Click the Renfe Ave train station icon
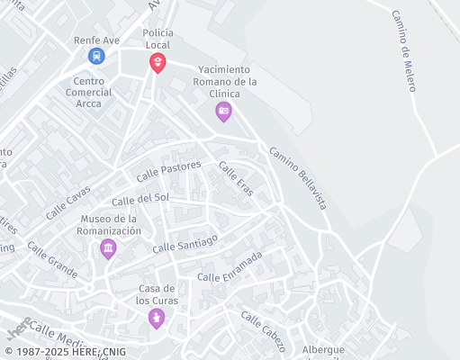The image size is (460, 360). coord(95,56)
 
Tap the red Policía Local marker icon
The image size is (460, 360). coord(158,62)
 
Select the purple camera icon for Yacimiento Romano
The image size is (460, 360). coord(223,112)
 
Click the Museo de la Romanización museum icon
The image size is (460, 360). coord(108,247)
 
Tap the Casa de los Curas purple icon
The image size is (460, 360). coord(157,318)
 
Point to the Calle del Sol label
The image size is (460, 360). coord(140,199)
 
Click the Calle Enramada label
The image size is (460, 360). coord(230,265)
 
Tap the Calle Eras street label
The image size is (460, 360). coord(236,176)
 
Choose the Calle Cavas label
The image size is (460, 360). coord(68,202)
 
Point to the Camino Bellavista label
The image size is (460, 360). coord(297,178)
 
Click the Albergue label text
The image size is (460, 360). coord(324,349)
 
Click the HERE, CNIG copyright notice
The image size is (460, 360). coord(65,352)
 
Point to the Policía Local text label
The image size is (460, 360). coord(158,38)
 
